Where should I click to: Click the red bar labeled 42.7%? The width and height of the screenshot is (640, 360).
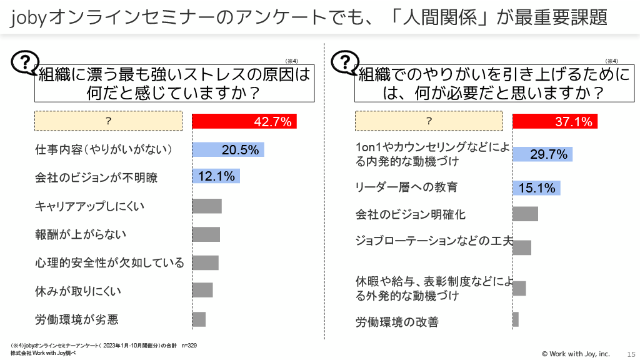tap(244, 121)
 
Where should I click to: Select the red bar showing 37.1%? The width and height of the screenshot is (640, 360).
tap(555, 121)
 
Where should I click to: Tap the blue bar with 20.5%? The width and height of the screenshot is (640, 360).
tap(228, 149)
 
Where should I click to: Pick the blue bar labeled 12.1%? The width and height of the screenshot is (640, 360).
tap(216, 177)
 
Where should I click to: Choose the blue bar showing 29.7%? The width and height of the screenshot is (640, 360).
tap(542, 154)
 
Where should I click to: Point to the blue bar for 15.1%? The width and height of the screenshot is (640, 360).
tap(536, 187)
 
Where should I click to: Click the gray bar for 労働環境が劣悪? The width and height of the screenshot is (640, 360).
tap(199, 319)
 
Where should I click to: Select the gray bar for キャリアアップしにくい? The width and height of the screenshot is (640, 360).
tap(207, 206)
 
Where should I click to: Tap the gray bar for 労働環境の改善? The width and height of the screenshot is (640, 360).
tap(516, 319)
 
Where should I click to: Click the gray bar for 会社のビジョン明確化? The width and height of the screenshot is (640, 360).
tap(525, 214)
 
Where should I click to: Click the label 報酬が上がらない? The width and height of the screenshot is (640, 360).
tap(81, 234)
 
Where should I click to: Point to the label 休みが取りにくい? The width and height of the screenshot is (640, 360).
tap(78, 291)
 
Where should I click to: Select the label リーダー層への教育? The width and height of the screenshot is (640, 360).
tap(406, 187)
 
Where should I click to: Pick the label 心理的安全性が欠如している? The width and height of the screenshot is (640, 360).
tap(109, 262)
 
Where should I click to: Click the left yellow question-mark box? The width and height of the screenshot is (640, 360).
tap(108, 121)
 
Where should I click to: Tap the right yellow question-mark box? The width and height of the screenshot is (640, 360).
tap(429, 121)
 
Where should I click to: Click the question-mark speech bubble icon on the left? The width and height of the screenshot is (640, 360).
tap(24, 63)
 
